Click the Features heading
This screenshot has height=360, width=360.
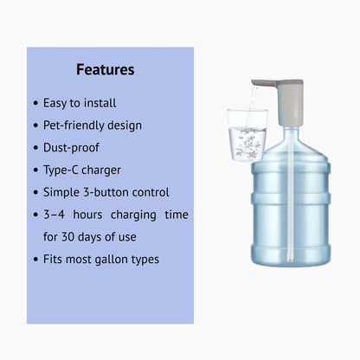pyautogui.click(x=105, y=69)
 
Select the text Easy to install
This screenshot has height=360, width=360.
pyautogui.click(x=79, y=103)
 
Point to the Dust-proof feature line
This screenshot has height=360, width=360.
pyautogui.click(x=71, y=148)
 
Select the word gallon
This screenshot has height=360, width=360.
pyautogui.click(x=118, y=259)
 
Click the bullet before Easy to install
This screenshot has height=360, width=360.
pyautogui.click(x=34, y=104)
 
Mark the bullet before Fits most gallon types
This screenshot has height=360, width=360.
pyautogui.click(x=34, y=259)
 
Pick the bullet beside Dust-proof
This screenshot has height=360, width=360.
pyautogui.click(x=34, y=148)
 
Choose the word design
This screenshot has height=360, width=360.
pyautogui.click(x=127, y=125)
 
